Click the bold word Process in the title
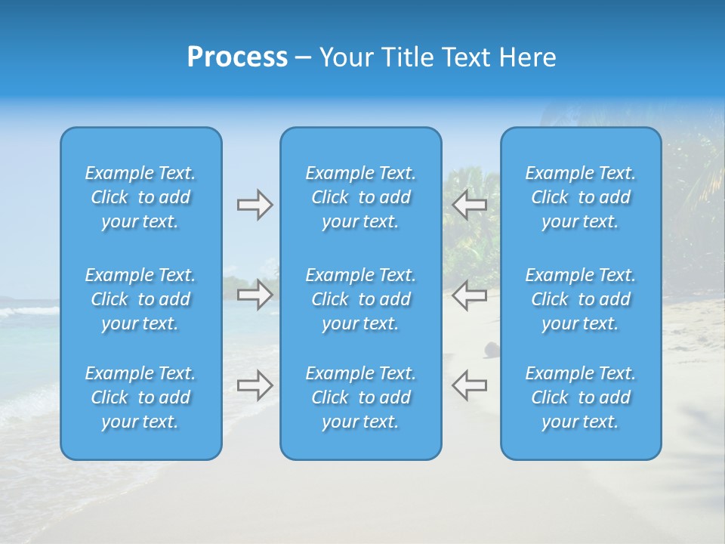pyautogui.click(x=237, y=57)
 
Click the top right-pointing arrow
pyautogui.click(x=255, y=205)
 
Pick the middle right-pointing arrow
pyautogui.click(x=255, y=295)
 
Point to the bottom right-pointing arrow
pyautogui.click(x=255, y=385)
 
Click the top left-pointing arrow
pyautogui.click(x=470, y=205)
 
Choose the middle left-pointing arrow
pyautogui.click(x=470, y=295)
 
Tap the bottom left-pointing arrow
pyautogui.click(x=470, y=385)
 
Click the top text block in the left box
pyautogui.click(x=140, y=197)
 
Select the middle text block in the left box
pyautogui.click(x=140, y=299)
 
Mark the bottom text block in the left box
pyautogui.click(x=140, y=397)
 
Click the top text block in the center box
pyautogui.click(x=361, y=197)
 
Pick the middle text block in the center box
pyautogui.click(x=361, y=299)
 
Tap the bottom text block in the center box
pyautogui.click(x=361, y=397)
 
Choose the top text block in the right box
pyautogui.click(x=581, y=197)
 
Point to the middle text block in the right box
pyautogui.click(x=581, y=299)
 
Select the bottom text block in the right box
pyautogui.click(x=581, y=397)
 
